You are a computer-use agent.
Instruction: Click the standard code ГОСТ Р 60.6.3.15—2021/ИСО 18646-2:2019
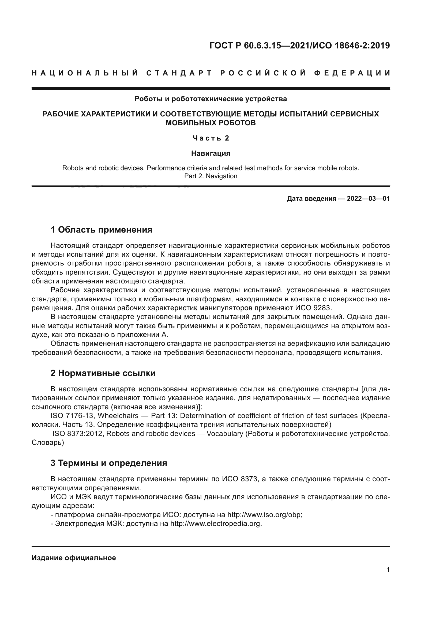pyautogui.click(x=299, y=45)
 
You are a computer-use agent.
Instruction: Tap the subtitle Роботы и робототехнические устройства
pyautogui.click(x=211, y=99)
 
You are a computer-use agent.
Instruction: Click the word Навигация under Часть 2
pyautogui.click(x=211, y=153)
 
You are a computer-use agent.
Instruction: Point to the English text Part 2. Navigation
pyautogui.click(x=211, y=176)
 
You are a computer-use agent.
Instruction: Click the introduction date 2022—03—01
pyautogui.click(x=368, y=199)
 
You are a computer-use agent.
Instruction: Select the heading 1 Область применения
pyautogui.click(x=101, y=230)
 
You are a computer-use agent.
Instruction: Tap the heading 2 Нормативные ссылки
pyautogui.click(x=103, y=373)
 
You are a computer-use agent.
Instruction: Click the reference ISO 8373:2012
pyautogui.click(x=77, y=434)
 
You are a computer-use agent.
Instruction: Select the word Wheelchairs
pyautogui.click(x=118, y=416)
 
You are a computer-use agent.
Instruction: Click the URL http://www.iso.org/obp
pyautogui.click(x=264, y=515)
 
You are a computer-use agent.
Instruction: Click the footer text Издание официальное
pyautogui.click(x=74, y=558)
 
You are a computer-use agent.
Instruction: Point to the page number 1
pyautogui.click(x=388, y=569)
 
